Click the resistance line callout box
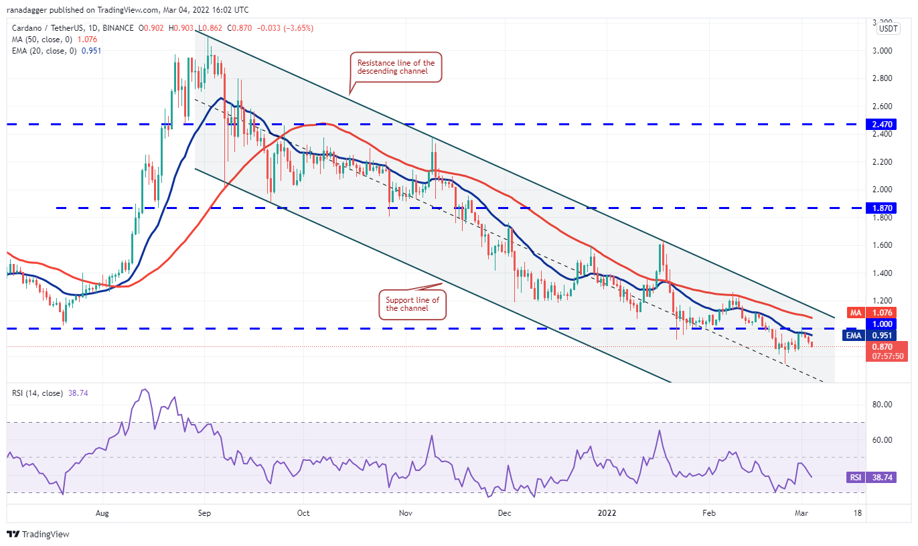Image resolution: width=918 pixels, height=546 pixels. point(396,67)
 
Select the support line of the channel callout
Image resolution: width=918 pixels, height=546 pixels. point(412,304)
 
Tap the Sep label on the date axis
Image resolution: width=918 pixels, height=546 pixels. point(204,513)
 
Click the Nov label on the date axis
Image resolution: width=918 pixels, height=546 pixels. point(404,513)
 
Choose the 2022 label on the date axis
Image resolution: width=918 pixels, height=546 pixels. point(607,513)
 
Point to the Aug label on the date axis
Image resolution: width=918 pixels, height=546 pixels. point(102,513)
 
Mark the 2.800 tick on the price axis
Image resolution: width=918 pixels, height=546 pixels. point(881,78)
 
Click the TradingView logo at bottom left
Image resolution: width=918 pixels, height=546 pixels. point(38,534)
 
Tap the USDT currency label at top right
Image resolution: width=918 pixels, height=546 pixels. point(888,29)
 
